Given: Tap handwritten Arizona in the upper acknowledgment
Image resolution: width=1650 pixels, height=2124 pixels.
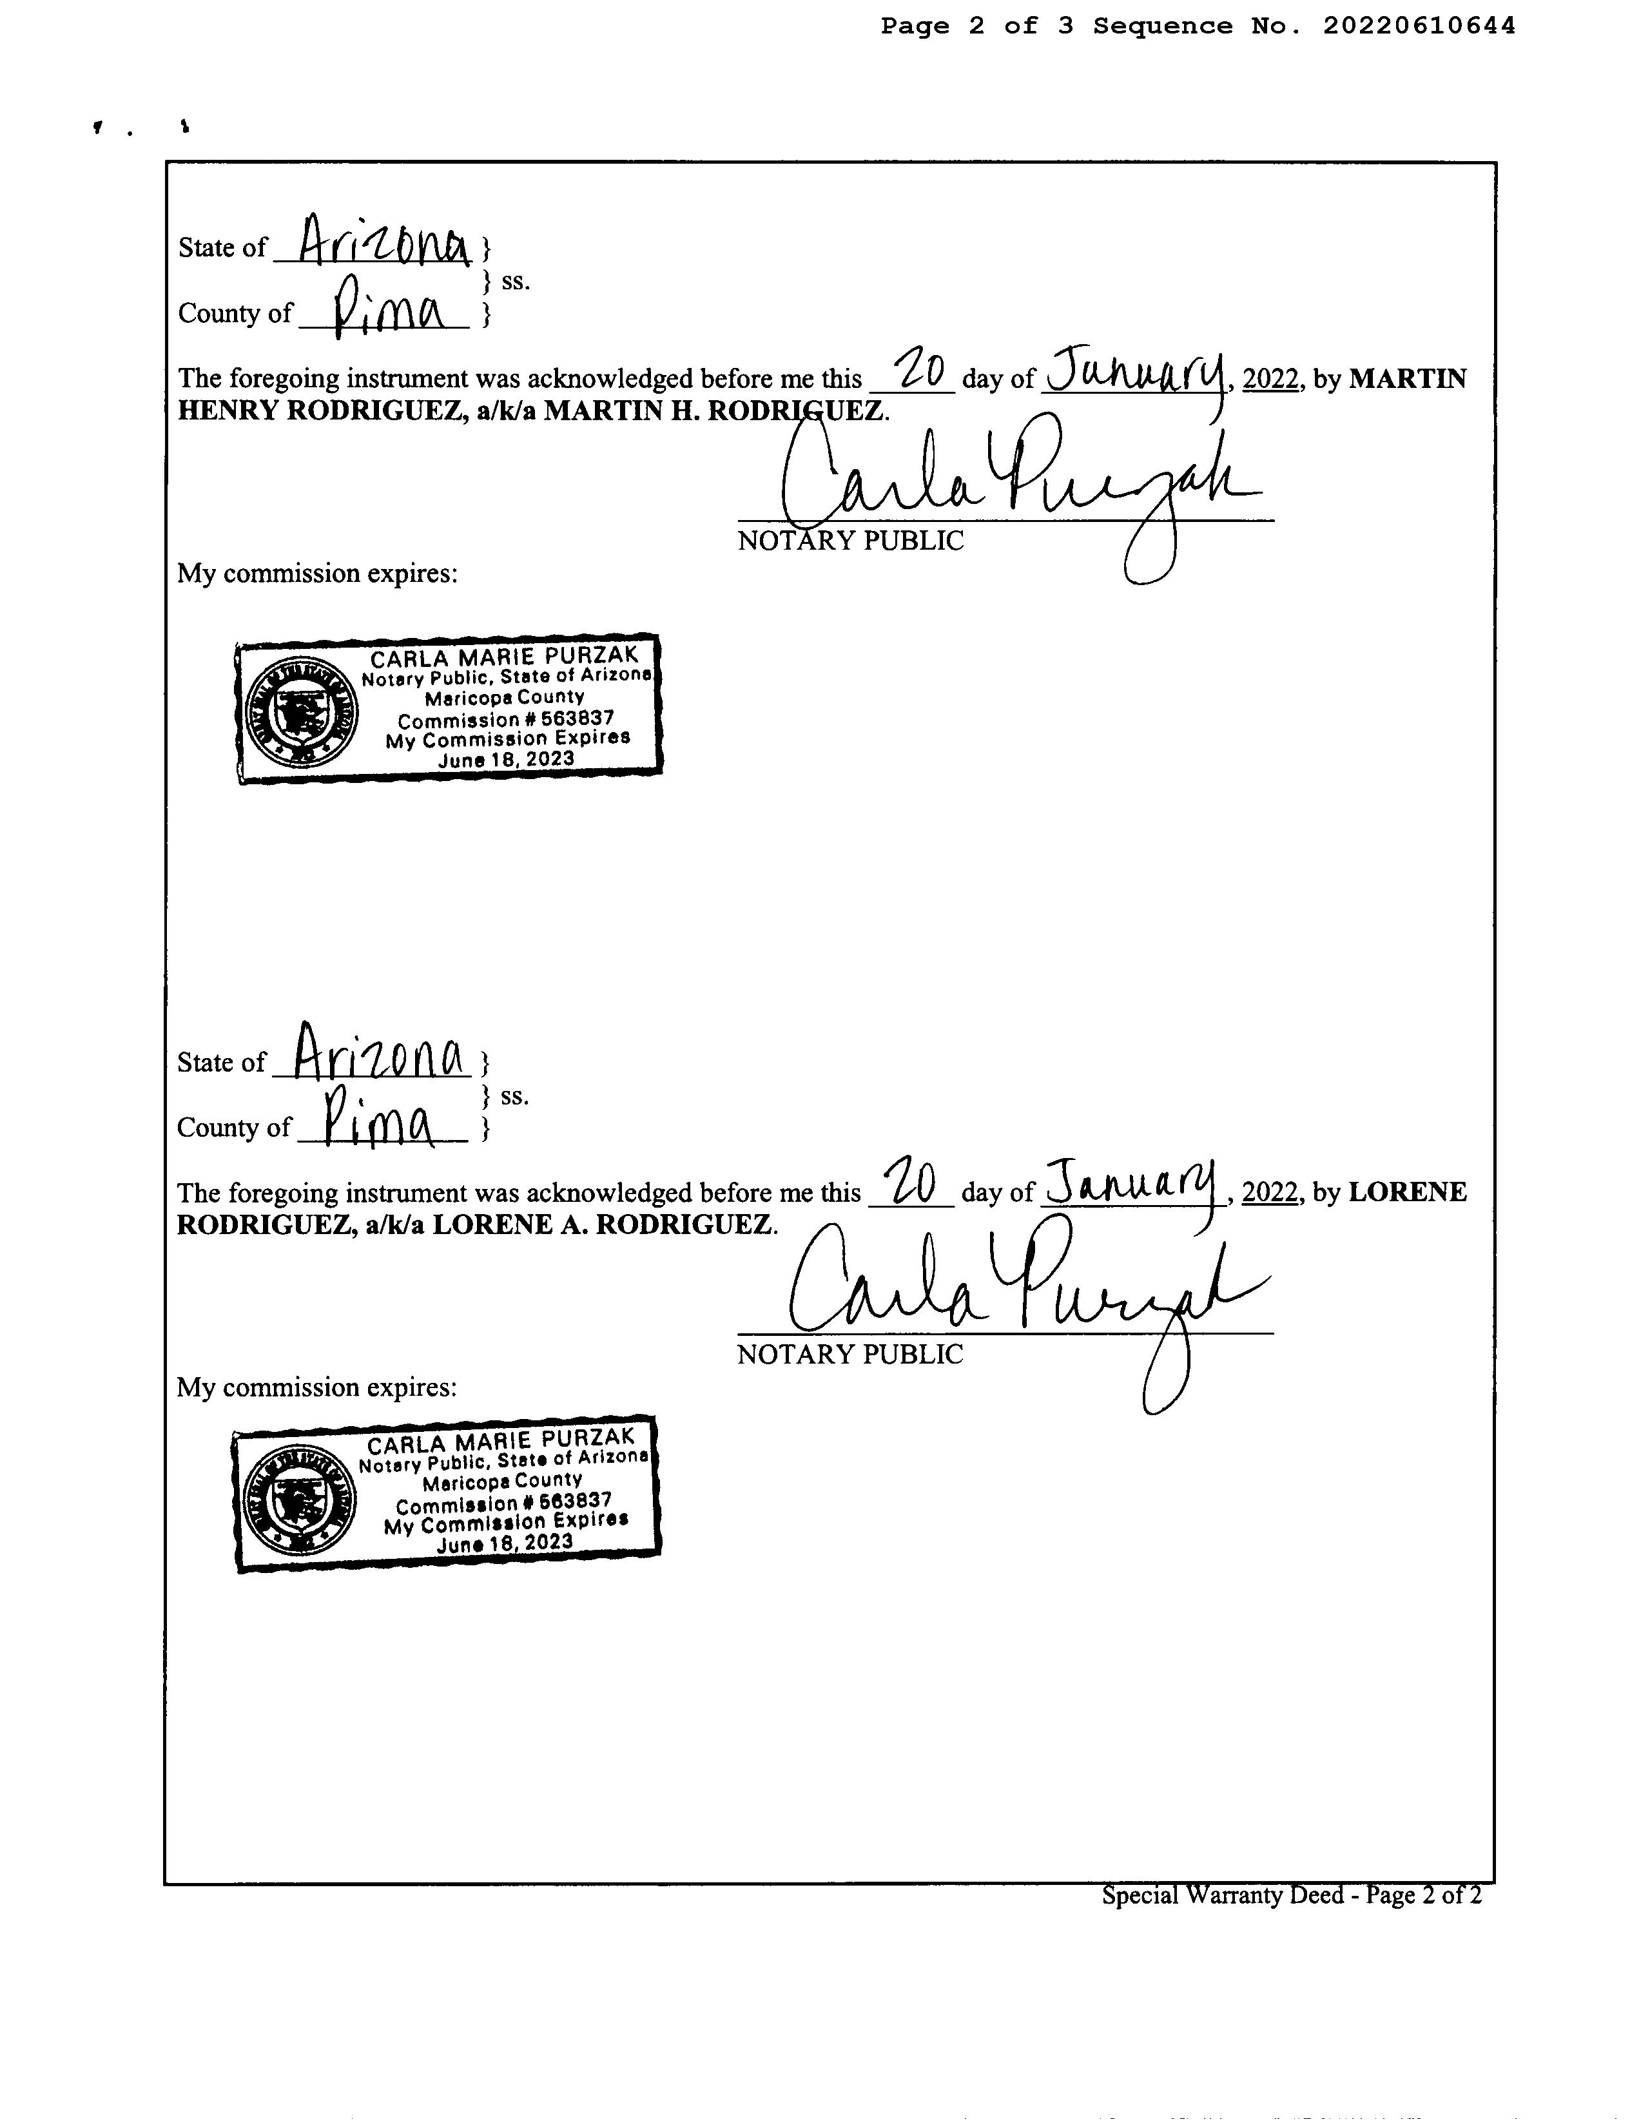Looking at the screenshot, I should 384,241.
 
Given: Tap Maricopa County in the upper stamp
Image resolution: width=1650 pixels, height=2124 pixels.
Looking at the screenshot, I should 504,697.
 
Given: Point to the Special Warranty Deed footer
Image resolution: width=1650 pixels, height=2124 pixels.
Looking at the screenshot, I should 1291,1895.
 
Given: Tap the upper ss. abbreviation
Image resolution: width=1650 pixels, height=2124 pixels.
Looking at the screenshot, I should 516,282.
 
